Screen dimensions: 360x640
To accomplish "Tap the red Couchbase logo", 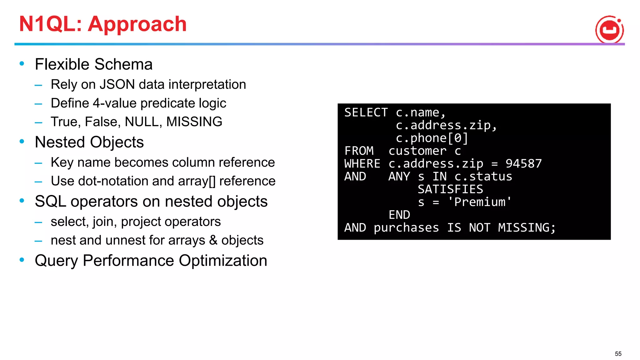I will [x=609, y=29].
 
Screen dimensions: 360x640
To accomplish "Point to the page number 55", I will [x=618, y=354].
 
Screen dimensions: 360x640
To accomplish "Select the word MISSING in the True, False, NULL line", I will [x=194, y=122].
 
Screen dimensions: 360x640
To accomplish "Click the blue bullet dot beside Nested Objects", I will [x=22, y=142].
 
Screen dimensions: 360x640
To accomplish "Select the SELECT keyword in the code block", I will [x=366, y=112].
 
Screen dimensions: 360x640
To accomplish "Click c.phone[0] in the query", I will [x=432, y=138].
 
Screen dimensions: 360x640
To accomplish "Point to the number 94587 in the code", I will [x=523, y=163].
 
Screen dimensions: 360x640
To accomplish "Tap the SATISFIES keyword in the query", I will [x=450, y=189].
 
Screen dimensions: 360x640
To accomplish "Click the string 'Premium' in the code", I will [x=479, y=202].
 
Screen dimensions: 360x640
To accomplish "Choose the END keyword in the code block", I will [x=399, y=215].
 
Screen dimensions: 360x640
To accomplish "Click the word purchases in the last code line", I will [x=406, y=227].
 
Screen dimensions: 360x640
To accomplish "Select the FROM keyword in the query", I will [x=359, y=151].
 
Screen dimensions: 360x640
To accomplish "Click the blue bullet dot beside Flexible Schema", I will [x=22, y=64].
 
